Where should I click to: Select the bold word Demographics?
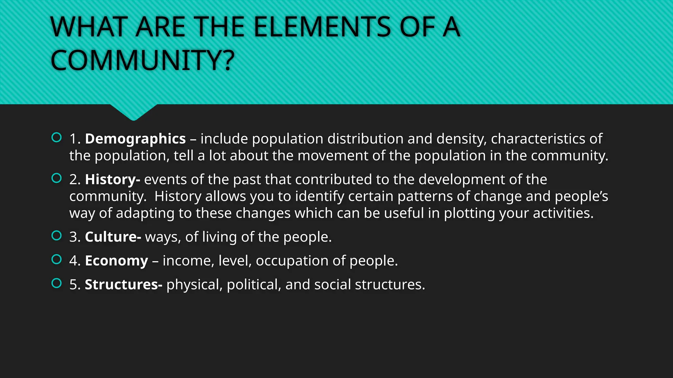[x=135, y=139]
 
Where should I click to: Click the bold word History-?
[x=112, y=179]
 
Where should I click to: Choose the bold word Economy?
[x=116, y=261]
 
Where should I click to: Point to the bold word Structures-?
[x=124, y=284]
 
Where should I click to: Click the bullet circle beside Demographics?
[x=57, y=137]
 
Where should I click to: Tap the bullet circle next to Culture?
[x=57, y=236]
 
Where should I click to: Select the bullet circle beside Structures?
[x=57, y=283]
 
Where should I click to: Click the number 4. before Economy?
[x=75, y=261]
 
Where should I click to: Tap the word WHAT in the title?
[x=89, y=27]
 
